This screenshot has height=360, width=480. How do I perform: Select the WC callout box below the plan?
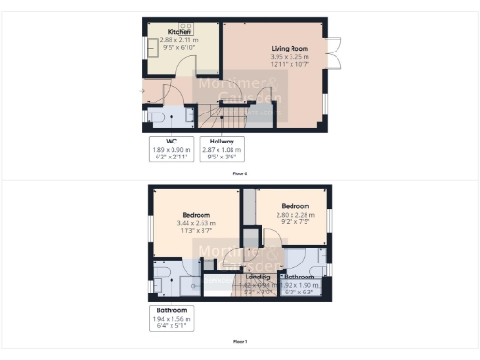[171, 150]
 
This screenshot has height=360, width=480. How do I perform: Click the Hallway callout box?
[221, 150]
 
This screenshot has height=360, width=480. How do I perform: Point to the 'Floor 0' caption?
[240, 174]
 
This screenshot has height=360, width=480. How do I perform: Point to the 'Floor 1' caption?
[240, 341]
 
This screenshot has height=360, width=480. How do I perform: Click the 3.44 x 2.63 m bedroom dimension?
[195, 223]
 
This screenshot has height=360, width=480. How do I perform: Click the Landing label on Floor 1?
[258, 277]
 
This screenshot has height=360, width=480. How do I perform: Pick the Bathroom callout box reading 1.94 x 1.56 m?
[171, 317]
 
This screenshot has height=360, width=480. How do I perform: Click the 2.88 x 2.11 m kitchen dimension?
[179, 40]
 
